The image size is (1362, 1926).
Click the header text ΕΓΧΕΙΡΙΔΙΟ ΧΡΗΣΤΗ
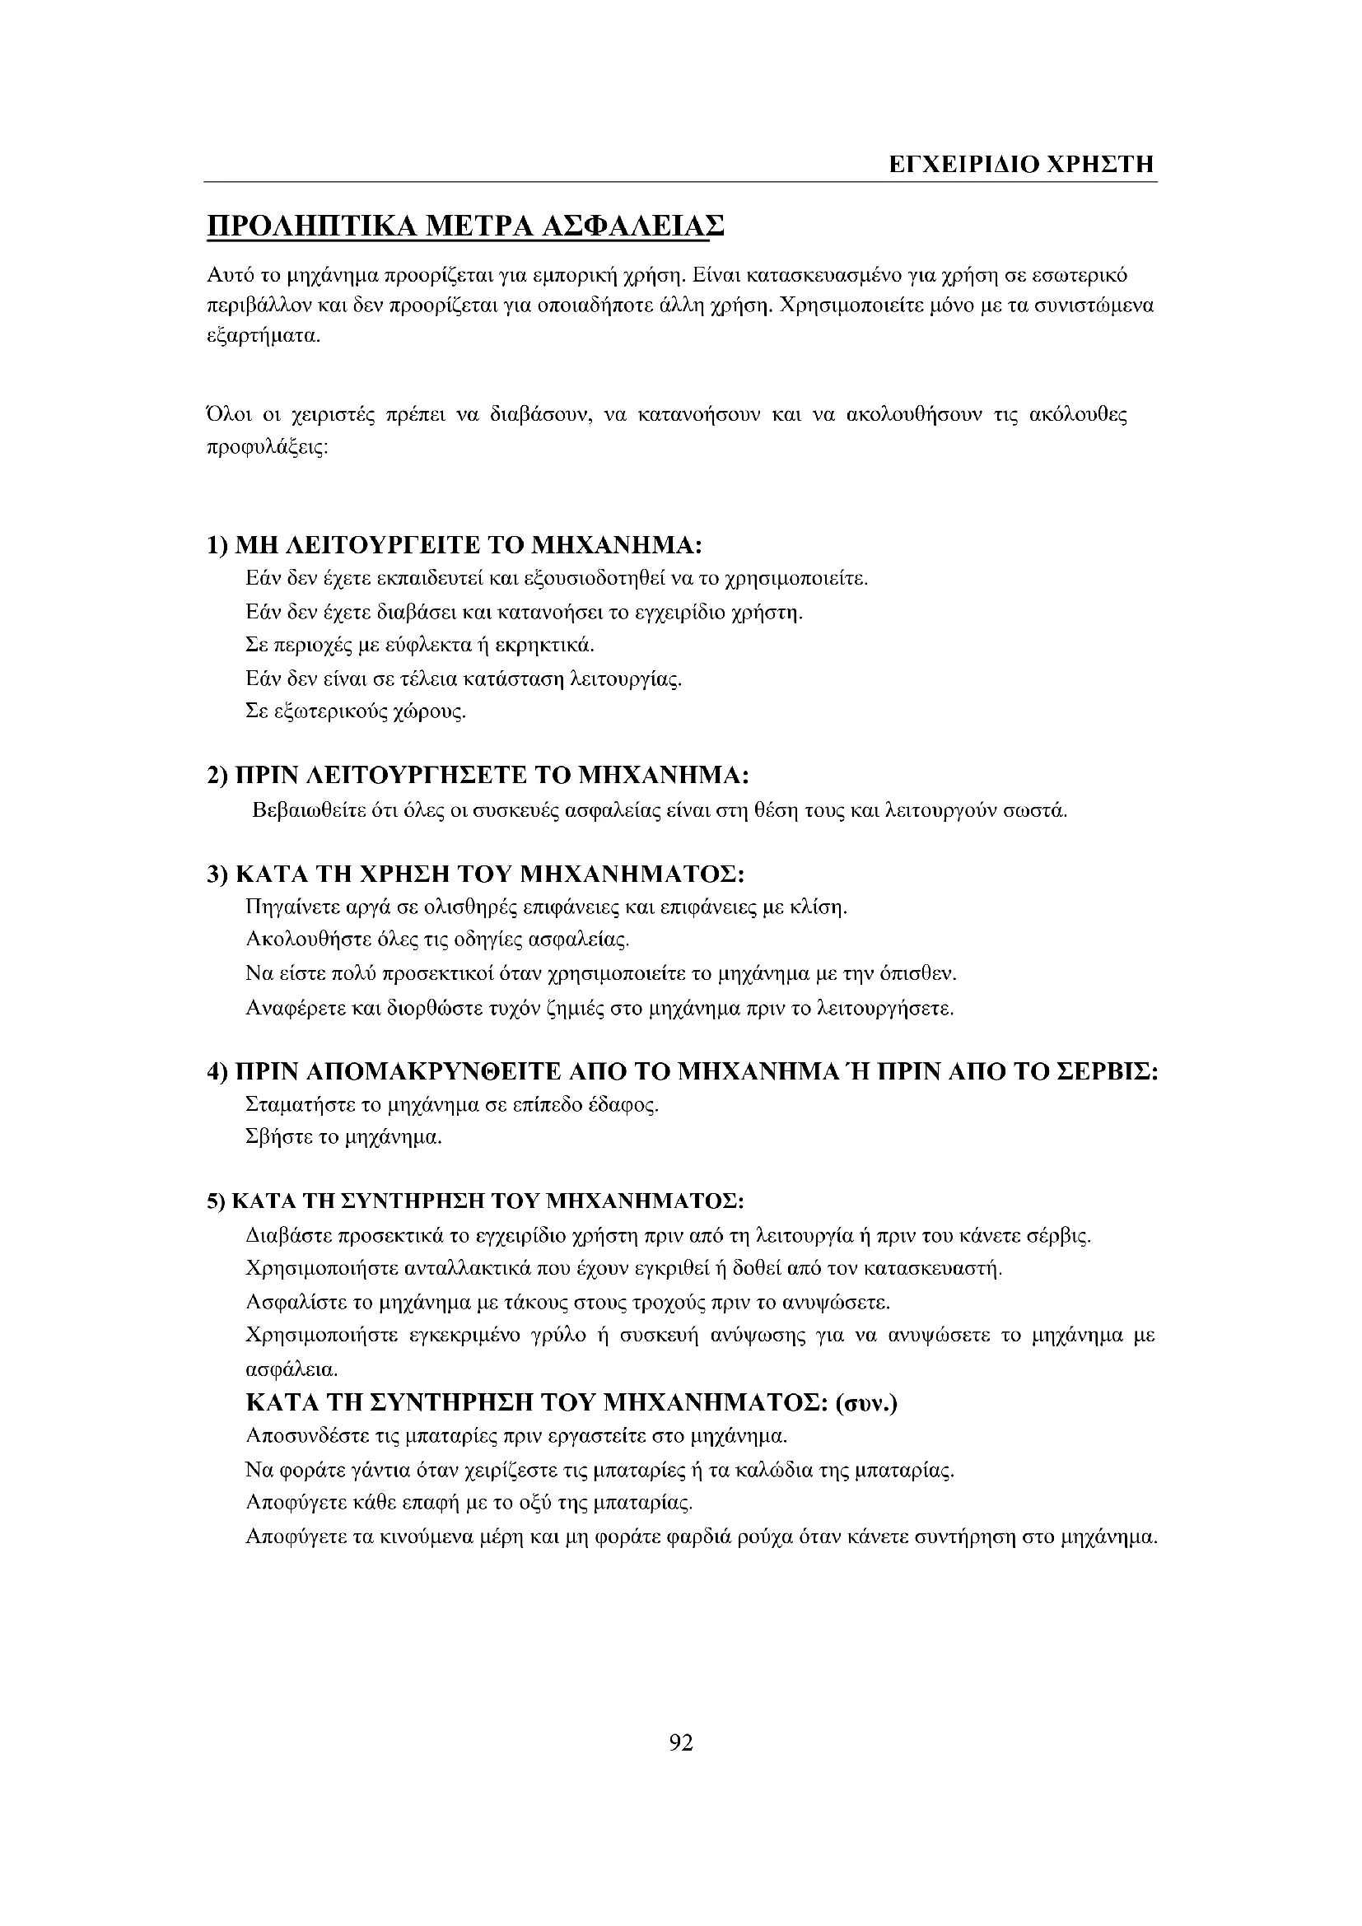(x=1021, y=164)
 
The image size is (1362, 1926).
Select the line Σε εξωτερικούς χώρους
(x=356, y=712)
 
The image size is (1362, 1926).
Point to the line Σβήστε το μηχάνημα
(x=343, y=1138)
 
